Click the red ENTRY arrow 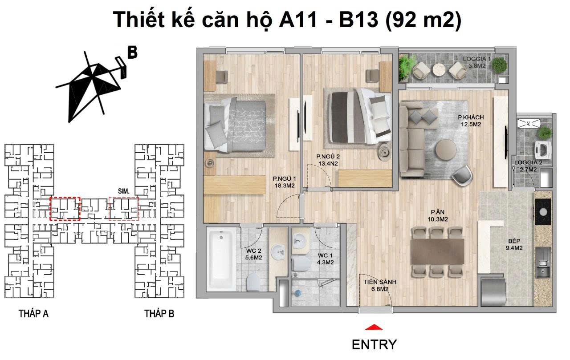[374, 328]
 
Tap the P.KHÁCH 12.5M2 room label [471, 121]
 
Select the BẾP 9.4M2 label [514, 244]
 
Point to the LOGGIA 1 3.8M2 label [476, 62]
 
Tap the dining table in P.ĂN [438, 251]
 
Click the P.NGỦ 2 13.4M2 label [328, 160]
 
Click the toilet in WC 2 [253, 281]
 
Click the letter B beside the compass [132, 53]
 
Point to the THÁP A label [33, 314]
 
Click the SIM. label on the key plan [123, 191]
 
